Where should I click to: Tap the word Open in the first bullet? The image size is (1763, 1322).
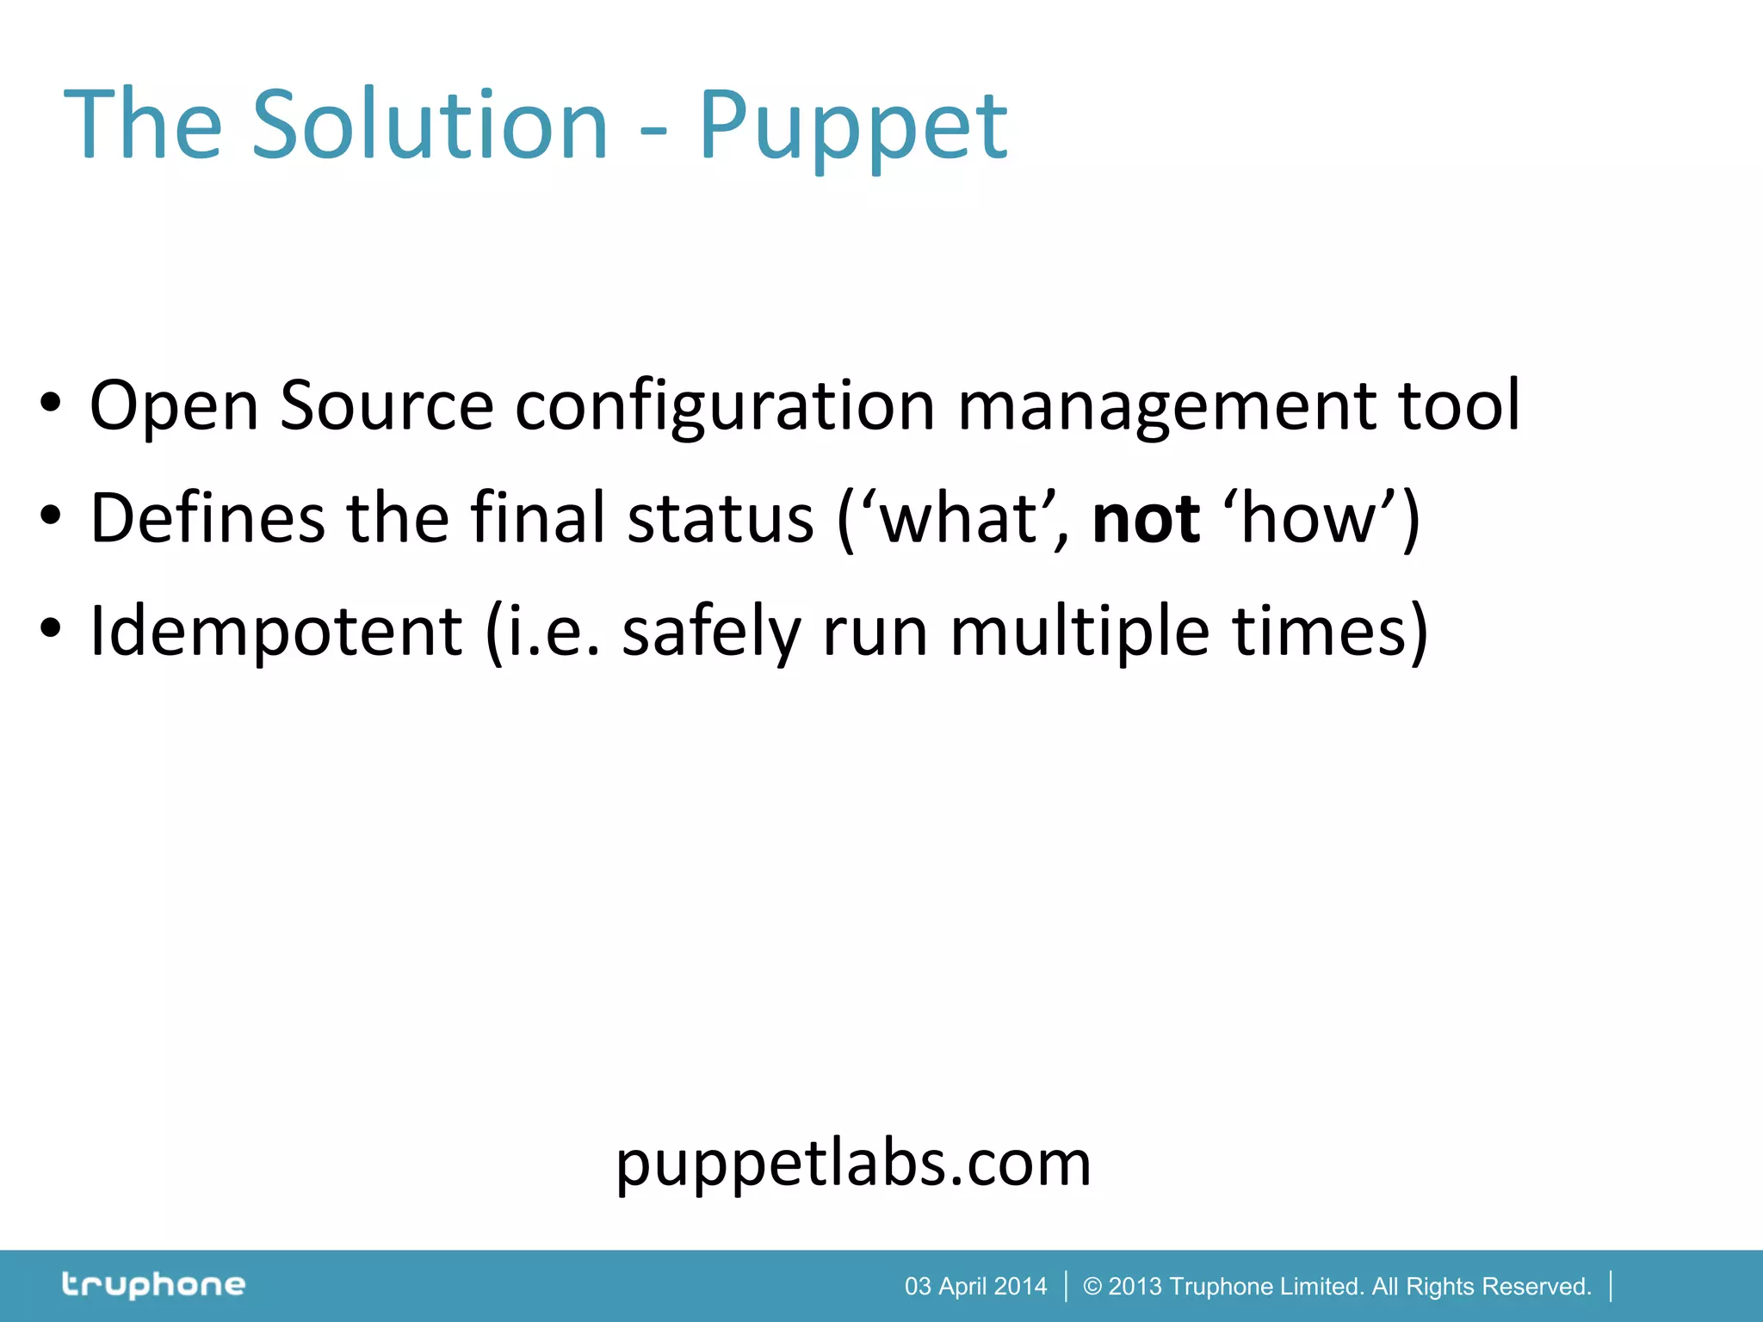pos(174,406)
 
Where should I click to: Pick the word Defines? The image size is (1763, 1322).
pos(207,518)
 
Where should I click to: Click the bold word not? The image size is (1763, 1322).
pos(1146,520)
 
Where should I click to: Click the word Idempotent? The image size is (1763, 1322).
pos(276,632)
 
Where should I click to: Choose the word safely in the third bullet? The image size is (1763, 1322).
pos(711,632)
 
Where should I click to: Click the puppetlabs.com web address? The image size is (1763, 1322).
pos(853,1164)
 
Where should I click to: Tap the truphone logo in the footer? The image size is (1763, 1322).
pos(153,1285)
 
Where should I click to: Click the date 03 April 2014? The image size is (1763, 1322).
pos(975,1287)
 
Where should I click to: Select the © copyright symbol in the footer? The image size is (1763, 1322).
pos(1092,1287)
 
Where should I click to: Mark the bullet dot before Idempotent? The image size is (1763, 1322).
pos(51,628)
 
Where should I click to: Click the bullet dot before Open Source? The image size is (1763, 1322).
pos(51,402)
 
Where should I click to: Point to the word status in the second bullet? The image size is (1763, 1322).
pos(721,518)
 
